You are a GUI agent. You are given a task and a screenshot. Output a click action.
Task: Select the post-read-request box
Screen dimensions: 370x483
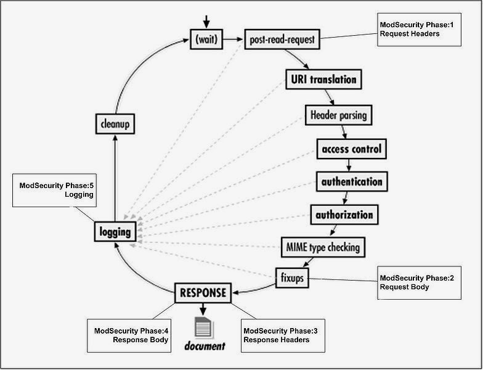(x=282, y=39)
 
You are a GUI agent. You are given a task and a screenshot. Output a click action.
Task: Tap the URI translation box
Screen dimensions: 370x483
(x=322, y=79)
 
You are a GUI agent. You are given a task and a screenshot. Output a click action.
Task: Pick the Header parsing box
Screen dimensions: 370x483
(x=339, y=115)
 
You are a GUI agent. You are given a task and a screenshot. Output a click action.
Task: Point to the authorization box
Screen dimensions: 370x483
(x=344, y=215)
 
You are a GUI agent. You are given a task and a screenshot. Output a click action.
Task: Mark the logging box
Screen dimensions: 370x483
(x=115, y=232)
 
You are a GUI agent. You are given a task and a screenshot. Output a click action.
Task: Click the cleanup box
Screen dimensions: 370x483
(x=115, y=125)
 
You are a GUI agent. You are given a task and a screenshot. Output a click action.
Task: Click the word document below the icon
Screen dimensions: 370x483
(x=203, y=347)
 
